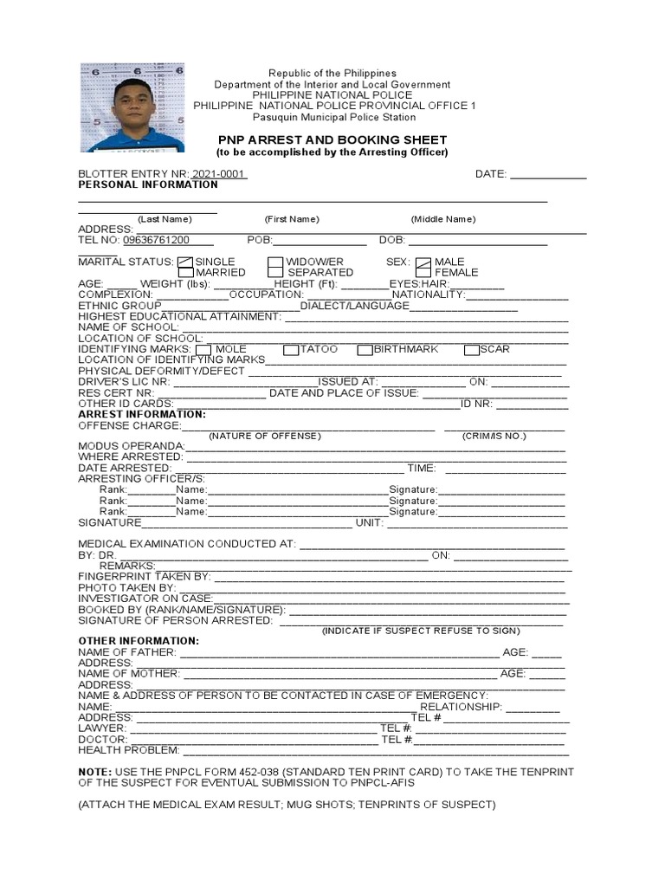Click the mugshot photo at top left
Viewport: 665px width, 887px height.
[x=132, y=107]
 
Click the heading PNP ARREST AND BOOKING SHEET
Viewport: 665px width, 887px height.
[x=332, y=139]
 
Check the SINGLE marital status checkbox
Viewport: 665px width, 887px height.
[x=185, y=262]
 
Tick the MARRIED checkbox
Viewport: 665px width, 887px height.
[x=185, y=273]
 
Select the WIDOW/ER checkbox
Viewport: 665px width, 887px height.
[x=275, y=262]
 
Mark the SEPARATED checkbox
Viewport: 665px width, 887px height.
[x=275, y=273]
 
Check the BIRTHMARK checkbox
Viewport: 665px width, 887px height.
[x=365, y=350]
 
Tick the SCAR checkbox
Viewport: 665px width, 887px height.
[x=472, y=350]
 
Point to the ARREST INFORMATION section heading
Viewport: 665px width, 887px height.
[x=142, y=414]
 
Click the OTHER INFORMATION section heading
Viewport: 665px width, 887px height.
[x=139, y=640]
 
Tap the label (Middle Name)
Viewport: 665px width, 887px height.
[x=443, y=219]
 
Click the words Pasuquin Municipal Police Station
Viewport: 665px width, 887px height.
[x=333, y=117]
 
